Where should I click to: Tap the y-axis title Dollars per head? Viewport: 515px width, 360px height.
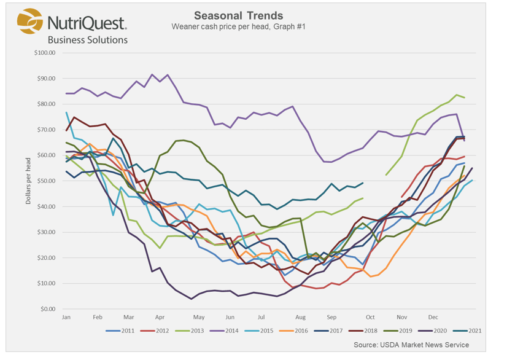(28, 181)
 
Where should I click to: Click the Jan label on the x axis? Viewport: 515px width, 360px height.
(67, 317)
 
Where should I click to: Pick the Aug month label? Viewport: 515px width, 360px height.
(300, 317)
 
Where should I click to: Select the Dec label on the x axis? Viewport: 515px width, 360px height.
(433, 317)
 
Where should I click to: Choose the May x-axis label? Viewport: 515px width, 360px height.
(198, 317)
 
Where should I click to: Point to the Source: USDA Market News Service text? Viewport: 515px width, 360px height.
(411, 345)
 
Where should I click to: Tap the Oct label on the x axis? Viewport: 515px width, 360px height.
(370, 317)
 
